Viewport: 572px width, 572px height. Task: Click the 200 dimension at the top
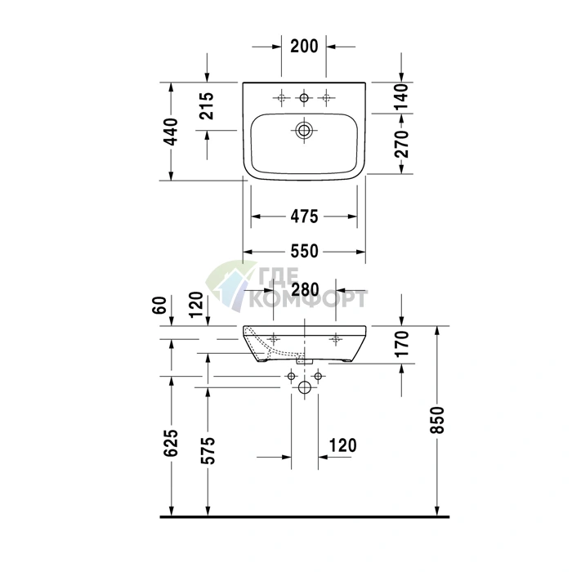pos(304,47)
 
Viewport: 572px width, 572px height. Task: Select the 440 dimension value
pos(170,132)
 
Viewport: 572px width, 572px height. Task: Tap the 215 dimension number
pos(207,105)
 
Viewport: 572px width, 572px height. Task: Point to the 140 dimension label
pos(402,97)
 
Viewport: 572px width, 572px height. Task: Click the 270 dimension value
pos(402,144)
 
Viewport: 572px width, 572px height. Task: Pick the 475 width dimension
pos(304,217)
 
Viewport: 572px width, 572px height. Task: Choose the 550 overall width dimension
pos(304,252)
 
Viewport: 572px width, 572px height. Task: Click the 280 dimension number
pos(305,289)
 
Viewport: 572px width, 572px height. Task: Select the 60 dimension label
pos(159,305)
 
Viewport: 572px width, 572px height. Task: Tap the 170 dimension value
pos(402,343)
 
